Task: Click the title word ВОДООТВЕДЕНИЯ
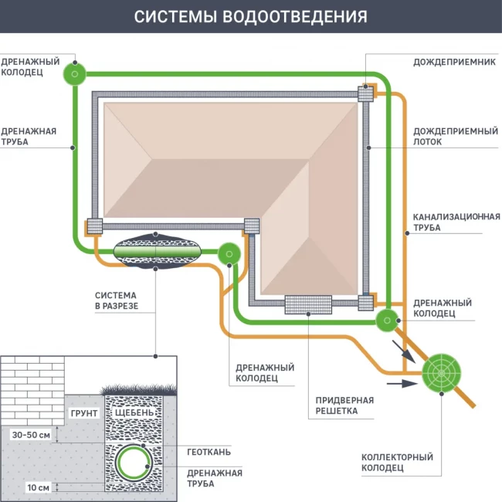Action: [x=297, y=16]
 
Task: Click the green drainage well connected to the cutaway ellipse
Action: [x=229, y=253]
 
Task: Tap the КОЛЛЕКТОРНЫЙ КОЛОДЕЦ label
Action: [x=397, y=463]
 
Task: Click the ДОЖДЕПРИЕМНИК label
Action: [x=454, y=61]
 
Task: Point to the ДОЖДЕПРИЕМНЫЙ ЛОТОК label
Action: [x=453, y=136]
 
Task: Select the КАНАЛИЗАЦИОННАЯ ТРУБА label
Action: [x=456, y=222]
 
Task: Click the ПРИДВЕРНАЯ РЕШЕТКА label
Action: [x=344, y=405]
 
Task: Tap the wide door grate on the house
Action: [x=308, y=304]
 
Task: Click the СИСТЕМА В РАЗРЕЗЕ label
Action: [x=116, y=300]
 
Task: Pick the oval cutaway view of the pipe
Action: [x=157, y=253]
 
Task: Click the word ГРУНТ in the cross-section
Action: [x=84, y=413]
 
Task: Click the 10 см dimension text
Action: [x=37, y=487]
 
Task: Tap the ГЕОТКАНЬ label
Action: [x=209, y=452]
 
